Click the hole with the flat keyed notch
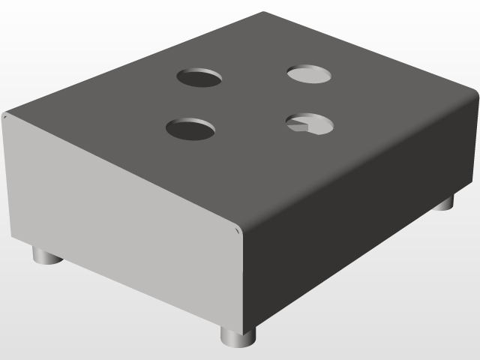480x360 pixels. (310, 124)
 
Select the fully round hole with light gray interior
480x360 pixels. (310, 73)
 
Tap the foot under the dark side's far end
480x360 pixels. (445, 202)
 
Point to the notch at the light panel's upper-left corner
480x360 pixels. (5, 115)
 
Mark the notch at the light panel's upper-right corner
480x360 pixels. (238, 230)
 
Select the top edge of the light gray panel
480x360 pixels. (120, 172)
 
